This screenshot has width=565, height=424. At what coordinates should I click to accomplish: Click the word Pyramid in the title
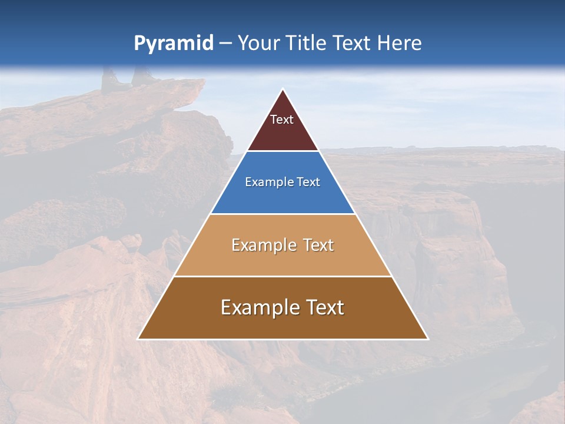173,44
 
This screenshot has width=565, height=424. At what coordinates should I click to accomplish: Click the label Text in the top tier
282,120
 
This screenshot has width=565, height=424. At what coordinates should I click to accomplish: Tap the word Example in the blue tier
266,182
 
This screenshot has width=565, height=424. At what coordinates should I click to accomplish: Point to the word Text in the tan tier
318,245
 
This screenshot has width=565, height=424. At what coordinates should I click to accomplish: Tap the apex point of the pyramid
283,90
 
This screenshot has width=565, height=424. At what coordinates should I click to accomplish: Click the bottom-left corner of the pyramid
138,339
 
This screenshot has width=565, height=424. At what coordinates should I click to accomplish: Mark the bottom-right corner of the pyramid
427,339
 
